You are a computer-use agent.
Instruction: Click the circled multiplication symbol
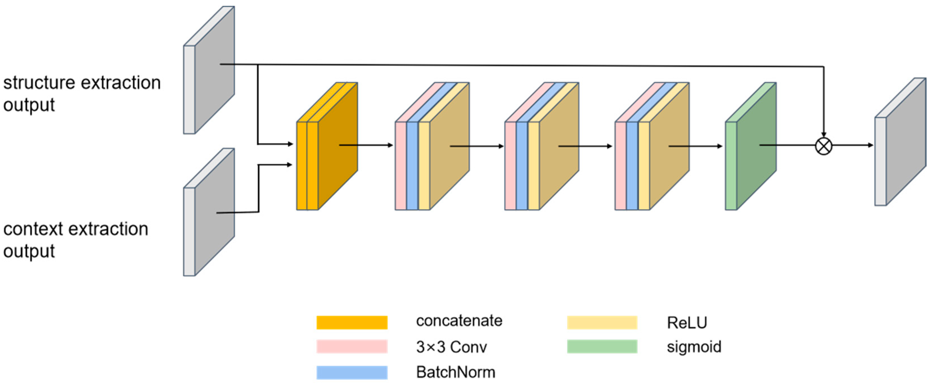[x=823, y=146]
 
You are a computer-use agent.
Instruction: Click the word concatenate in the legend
[x=459, y=321]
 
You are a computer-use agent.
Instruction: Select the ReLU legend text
[x=687, y=322]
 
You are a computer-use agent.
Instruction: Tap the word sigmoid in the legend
[x=694, y=347]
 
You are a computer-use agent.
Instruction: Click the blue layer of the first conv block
[x=412, y=166]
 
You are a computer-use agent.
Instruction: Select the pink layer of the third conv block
[x=621, y=166]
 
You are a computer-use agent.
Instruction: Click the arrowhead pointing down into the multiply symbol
[x=823, y=135]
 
